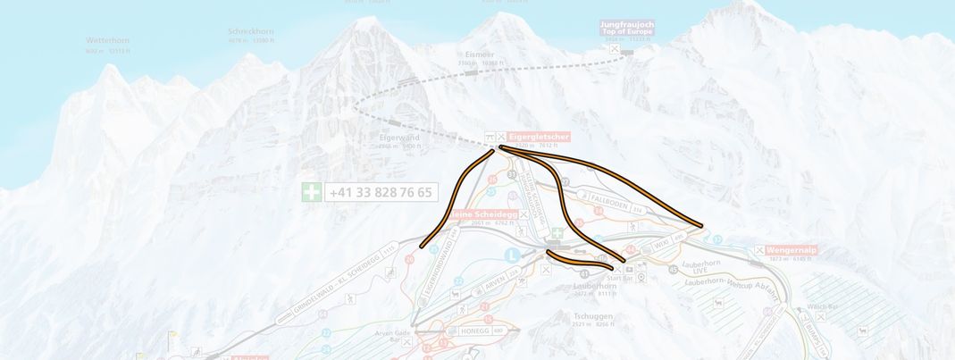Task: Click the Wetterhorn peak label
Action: coord(107,41)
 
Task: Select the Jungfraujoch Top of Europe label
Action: coord(627,28)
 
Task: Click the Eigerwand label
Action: coord(399,138)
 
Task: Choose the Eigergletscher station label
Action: coord(539,137)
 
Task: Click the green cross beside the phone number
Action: coord(311,192)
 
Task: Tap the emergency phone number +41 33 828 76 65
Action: coord(381,192)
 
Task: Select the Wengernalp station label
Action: coord(792,250)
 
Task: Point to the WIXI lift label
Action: coord(661,242)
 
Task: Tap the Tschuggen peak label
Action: coord(592,315)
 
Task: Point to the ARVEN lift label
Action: coord(495,284)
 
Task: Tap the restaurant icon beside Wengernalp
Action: coord(759,250)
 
